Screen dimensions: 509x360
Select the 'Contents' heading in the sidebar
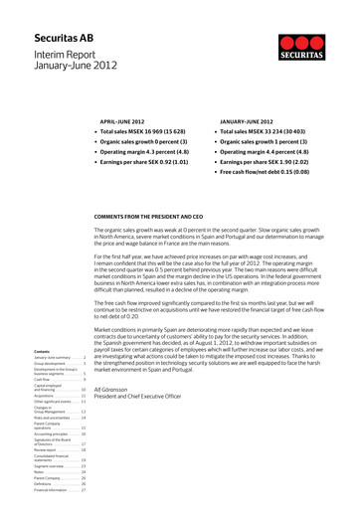(44, 352)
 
